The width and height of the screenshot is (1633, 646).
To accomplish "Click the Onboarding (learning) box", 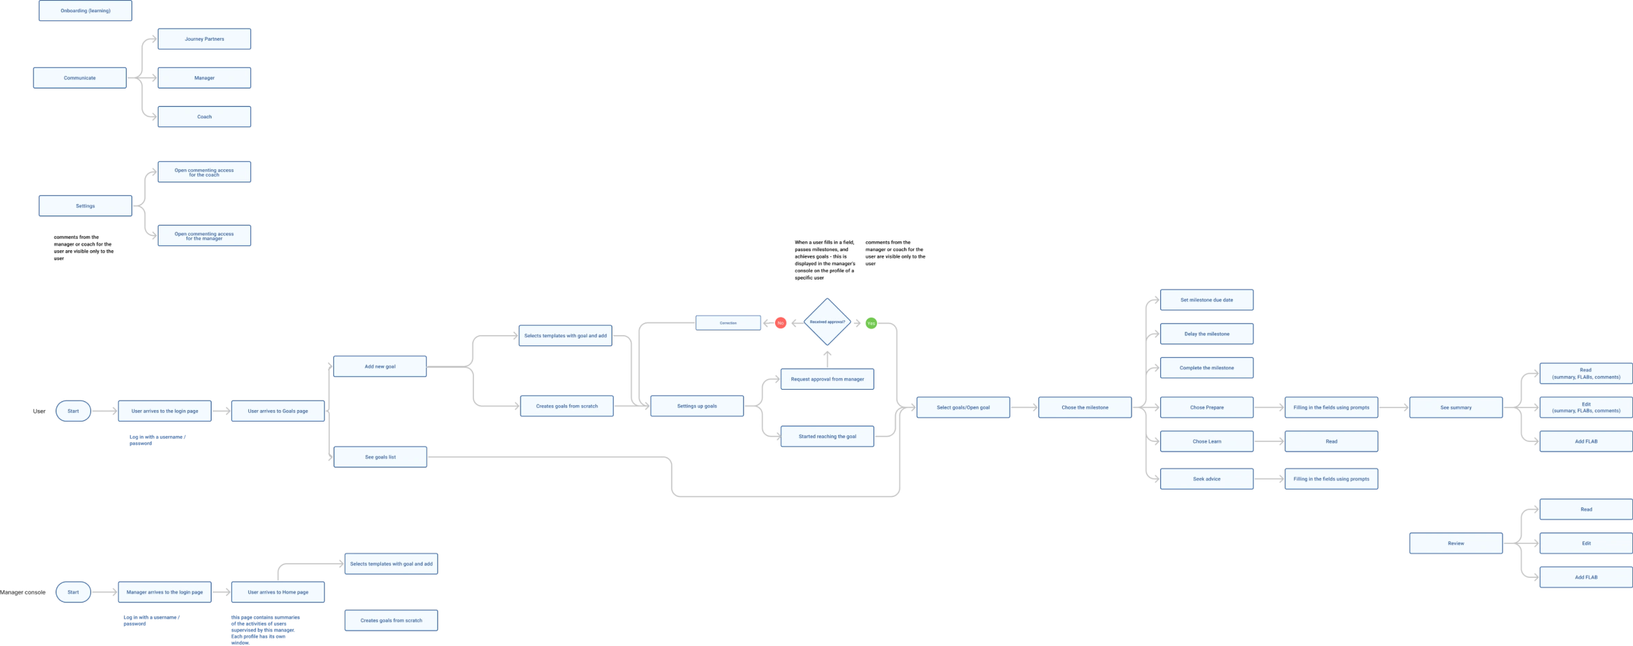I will pos(86,11).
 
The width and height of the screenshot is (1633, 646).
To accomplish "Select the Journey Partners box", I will pos(204,39).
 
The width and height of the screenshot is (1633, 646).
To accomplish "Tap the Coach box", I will pos(204,117).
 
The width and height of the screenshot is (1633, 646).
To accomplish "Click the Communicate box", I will pos(80,78).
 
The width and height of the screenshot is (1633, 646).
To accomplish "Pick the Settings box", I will pos(86,206).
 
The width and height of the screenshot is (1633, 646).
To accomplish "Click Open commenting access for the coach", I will pos(204,173).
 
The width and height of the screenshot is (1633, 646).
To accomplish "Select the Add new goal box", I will pos(380,367).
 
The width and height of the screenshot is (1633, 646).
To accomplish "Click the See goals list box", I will pos(380,457).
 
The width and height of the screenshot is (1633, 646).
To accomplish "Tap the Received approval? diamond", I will pos(827,322).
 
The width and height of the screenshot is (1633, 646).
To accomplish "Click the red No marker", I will pos(780,323).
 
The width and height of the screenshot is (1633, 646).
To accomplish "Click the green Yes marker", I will pos(871,324).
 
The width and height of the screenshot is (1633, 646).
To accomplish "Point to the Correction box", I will pos(728,323).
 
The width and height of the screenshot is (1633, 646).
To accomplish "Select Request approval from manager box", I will pos(827,379).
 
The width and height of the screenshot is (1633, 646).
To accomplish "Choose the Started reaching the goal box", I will pos(827,437).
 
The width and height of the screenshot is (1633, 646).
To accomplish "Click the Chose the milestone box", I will pos(1085,408).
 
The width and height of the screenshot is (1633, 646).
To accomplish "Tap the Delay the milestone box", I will pos(1207,335).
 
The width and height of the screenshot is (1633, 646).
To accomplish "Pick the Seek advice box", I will pos(1207,479).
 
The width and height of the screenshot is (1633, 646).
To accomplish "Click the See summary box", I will pos(1456,408).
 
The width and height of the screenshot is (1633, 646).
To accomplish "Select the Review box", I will pos(1456,543).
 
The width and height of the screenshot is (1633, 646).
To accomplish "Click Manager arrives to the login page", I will pos(165,592).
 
